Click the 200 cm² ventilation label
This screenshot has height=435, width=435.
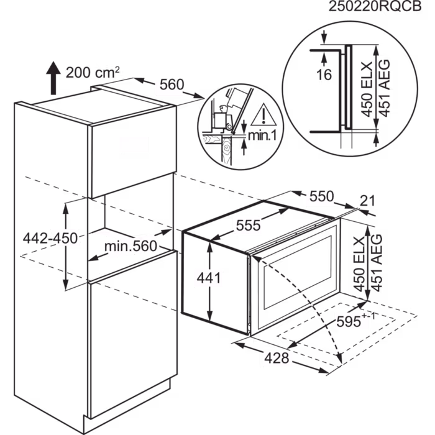point(93,72)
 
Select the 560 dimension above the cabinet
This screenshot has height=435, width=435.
point(172,86)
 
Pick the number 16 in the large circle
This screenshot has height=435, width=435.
point(324,75)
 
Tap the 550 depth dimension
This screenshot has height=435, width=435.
point(321,198)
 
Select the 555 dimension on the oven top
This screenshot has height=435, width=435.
point(247,226)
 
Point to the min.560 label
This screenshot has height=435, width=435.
point(130,247)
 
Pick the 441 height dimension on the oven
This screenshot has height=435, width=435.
point(209,278)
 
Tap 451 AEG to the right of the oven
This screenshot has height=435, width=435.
point(375,263)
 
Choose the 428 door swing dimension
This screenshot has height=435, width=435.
point(277,358)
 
